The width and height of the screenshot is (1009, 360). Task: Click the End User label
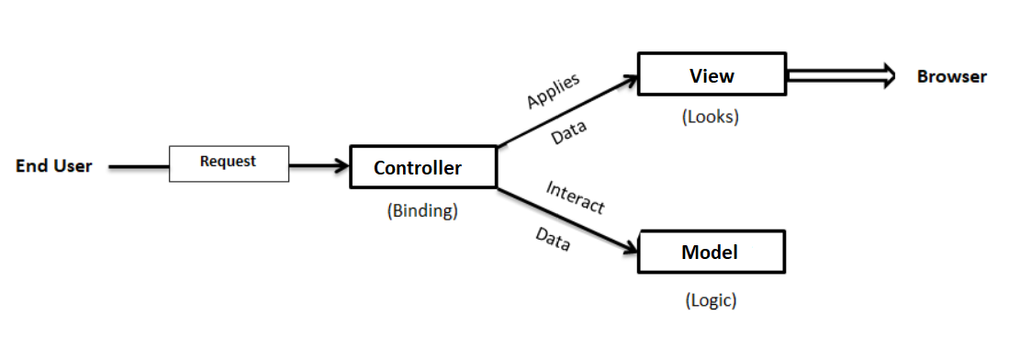click(x=54, y=167)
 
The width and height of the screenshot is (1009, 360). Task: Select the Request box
click(x=229, y=163)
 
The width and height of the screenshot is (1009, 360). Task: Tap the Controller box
click(x=423, y=167)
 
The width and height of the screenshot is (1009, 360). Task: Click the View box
click(x=712, y=74)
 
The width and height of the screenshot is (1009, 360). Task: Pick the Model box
click(x=711, y=252)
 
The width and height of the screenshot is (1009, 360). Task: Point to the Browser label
click(x=951, y=77)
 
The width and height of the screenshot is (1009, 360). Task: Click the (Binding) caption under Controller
click(x=422, y=210)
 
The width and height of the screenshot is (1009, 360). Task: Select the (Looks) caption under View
click(x=710, y=118)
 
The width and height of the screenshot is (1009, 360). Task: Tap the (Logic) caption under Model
click(x=711, y=300)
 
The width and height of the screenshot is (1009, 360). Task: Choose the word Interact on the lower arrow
click(x=575, y=197)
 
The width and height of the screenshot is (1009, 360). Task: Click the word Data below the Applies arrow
click(x=569, y=135)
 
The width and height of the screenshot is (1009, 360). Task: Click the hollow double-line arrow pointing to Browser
click(x=840, y=76)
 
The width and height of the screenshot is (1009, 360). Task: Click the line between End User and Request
click(x=139, y=167)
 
